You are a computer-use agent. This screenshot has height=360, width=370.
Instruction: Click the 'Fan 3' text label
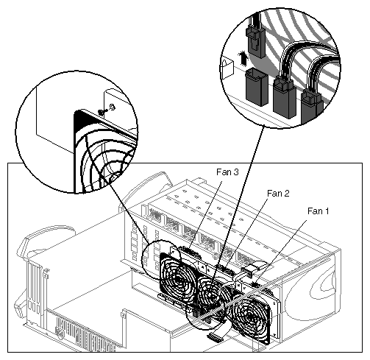(228, 172)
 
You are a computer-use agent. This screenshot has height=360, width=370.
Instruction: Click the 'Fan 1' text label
(317, 211)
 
